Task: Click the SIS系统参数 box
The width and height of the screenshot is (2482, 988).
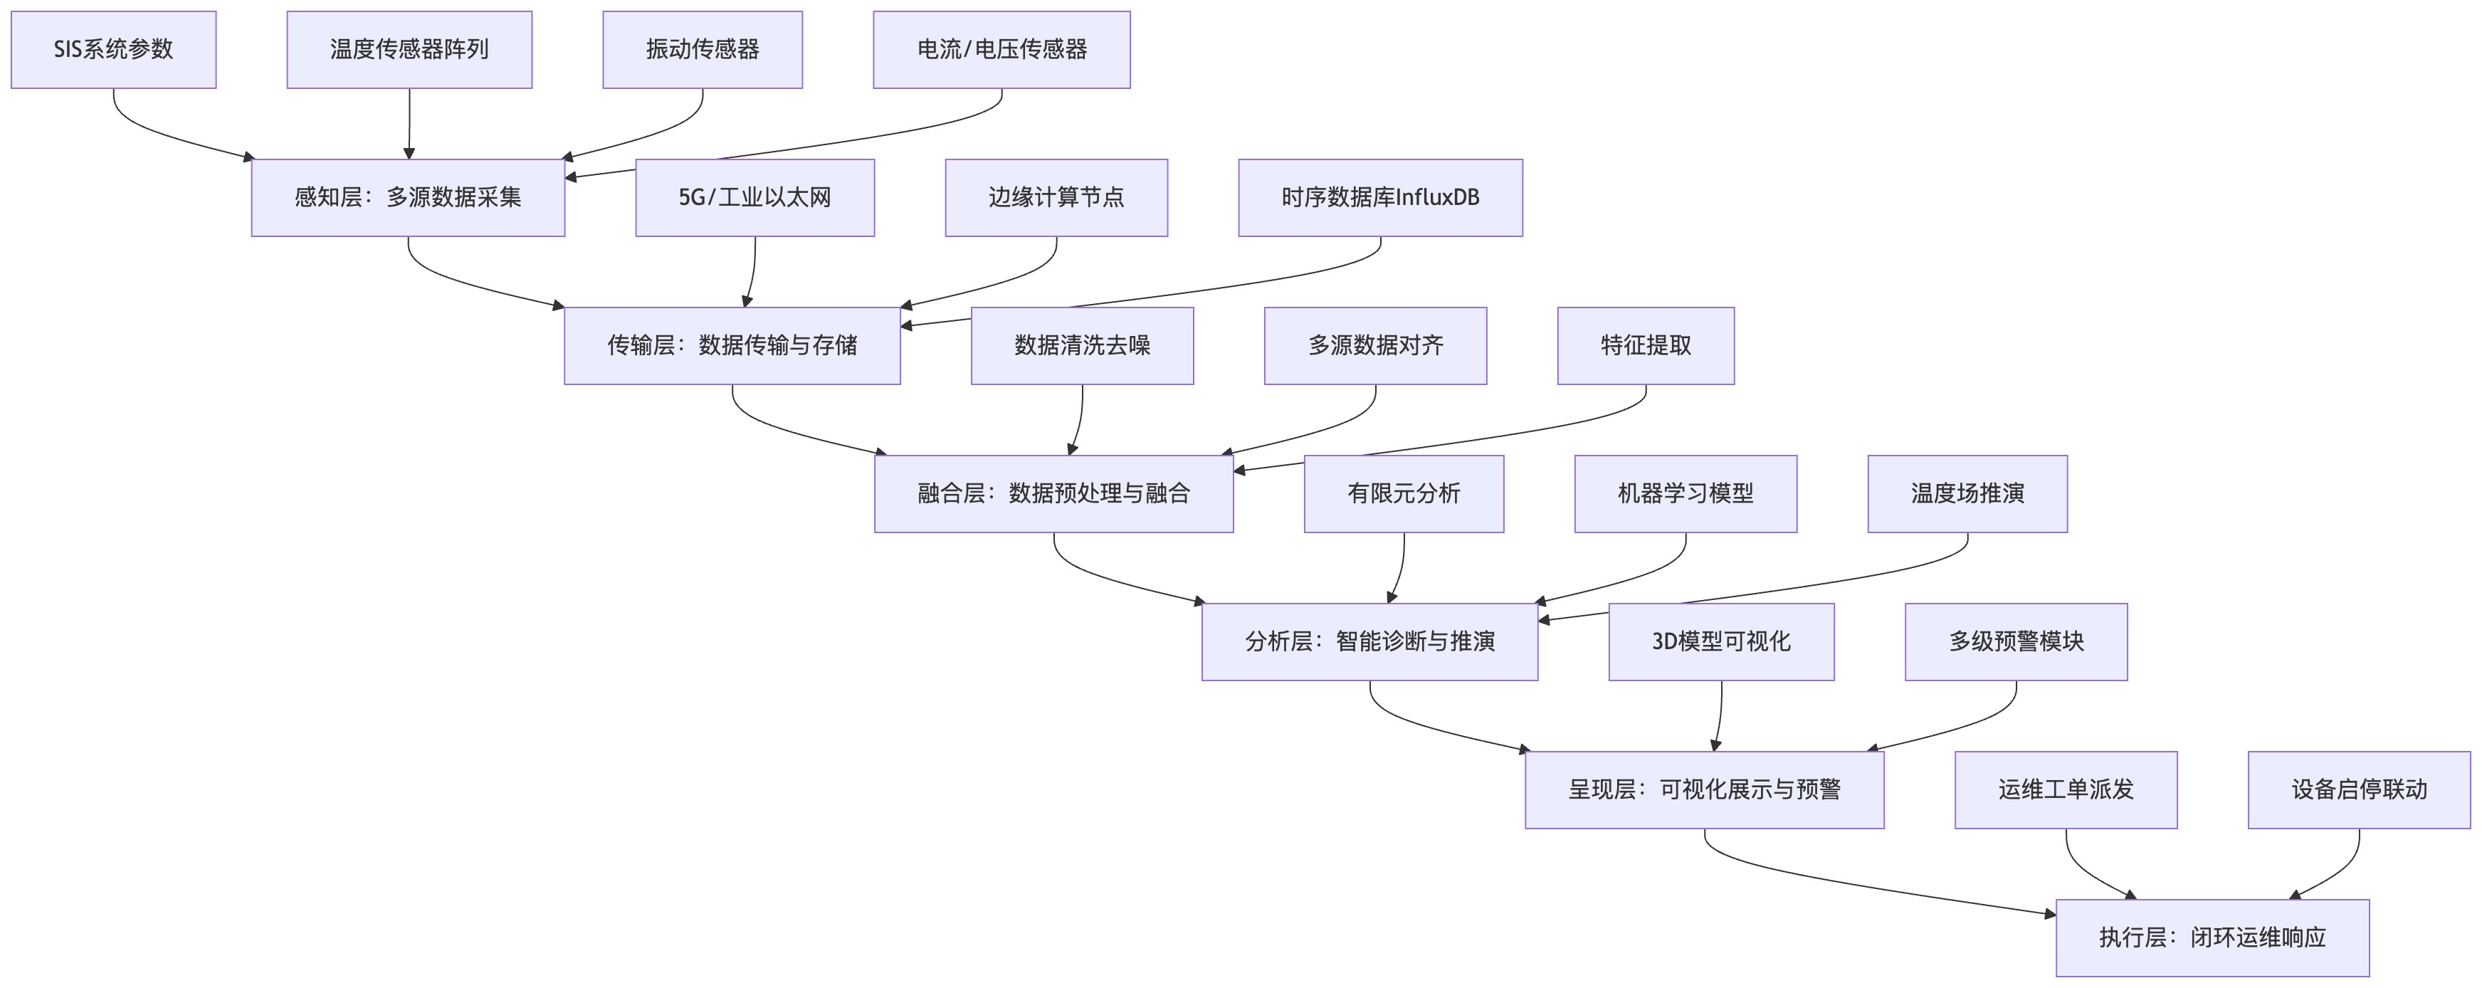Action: [114, 49]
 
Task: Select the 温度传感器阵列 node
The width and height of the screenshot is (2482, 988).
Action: [409, 49]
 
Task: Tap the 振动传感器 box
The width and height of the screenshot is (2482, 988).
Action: [703, 49]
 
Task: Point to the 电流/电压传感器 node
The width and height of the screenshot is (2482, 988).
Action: [1001, 49]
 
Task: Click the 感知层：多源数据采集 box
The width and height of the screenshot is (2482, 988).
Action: [408, 198]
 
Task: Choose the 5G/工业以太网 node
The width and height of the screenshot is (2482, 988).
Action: [754, 198]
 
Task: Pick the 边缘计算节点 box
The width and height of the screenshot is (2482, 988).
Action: [1056, 198]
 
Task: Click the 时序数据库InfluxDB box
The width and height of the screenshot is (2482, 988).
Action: [1379, 198]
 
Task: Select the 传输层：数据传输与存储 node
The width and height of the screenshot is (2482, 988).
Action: [732, 345]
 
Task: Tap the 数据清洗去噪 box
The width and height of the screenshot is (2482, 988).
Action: [1082, 345]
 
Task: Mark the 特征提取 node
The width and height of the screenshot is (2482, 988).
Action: [1646, 345]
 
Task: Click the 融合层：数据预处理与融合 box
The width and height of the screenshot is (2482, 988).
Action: [1053, 493]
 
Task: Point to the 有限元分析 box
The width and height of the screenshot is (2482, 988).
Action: [1404, 493]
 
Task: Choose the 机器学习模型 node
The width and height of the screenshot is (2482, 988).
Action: [1686, 493]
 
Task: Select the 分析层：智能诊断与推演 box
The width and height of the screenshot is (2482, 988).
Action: [1369, 642]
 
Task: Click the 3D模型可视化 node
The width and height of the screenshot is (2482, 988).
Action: [1721, 642]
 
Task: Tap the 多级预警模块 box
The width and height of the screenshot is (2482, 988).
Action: [2016, 642]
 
